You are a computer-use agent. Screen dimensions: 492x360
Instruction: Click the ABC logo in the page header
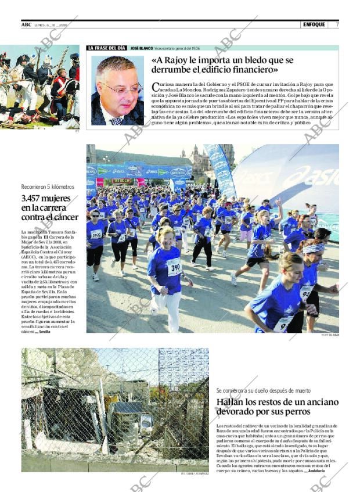pos(26,24)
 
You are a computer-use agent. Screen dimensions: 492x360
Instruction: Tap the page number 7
pos(337,24)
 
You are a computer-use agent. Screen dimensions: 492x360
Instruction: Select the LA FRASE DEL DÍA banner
pos(107,48)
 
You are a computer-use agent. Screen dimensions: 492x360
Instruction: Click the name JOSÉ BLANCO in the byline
pos(141,48)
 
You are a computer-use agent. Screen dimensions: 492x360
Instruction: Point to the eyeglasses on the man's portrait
pos(121,89)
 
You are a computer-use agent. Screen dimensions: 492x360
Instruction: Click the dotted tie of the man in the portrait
pos(118,120)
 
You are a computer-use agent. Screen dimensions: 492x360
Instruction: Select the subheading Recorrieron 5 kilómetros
pos(48,186)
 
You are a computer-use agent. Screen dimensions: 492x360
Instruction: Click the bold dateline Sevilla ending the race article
pos(44,332)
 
